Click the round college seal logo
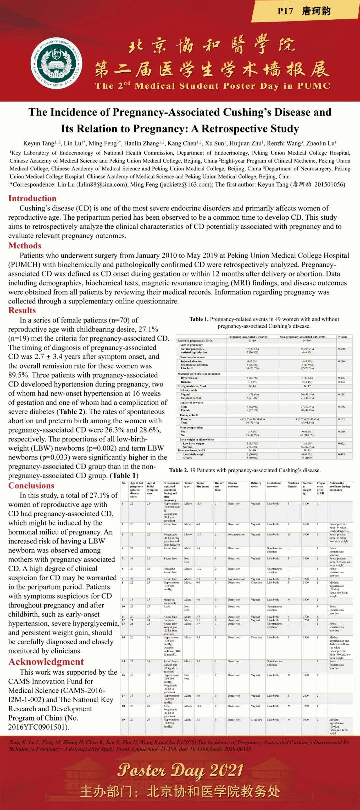57,63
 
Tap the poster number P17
285,11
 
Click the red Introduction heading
32,198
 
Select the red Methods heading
25,246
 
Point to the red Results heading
22,310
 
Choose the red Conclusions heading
31,486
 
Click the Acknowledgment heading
46,662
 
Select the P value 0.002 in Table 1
341,444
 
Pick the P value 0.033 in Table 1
341,454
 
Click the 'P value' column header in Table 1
343,337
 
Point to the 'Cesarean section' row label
191,398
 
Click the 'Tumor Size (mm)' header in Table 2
202,485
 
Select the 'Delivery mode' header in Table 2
256,485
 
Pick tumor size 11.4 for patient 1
199,504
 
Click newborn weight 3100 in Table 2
306,504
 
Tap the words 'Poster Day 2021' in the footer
180,771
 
